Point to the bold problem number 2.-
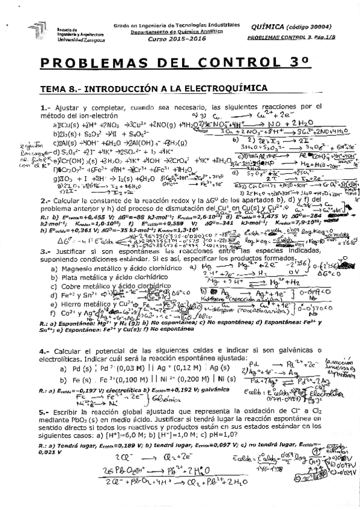coord(44,200)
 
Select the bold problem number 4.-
coord(44,350)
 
